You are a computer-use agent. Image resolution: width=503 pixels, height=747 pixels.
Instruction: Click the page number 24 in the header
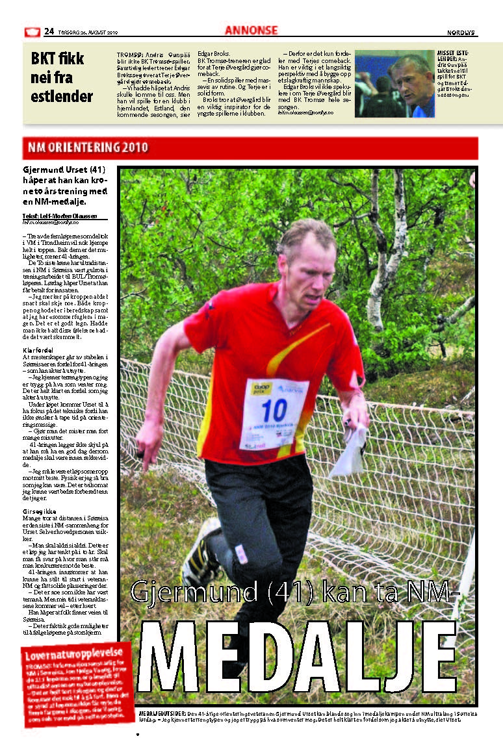coord(49,31)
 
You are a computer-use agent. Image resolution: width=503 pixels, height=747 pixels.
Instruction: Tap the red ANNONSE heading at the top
coord(251,30)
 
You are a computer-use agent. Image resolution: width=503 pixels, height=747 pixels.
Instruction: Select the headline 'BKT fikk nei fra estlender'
coord(62,78)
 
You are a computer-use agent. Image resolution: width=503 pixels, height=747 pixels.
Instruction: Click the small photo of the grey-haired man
coord(394,84)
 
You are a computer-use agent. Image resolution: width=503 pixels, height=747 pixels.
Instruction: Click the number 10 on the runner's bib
coord(274,411)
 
